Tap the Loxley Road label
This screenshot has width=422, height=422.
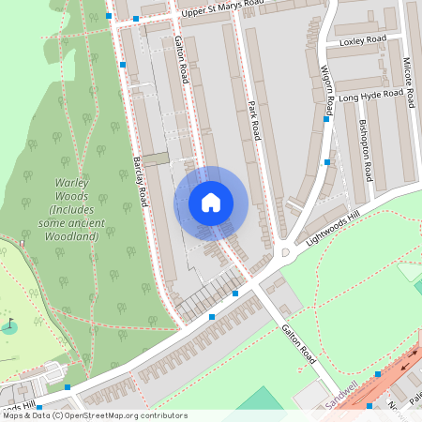(x=363, y=41)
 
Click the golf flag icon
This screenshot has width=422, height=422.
(x=10, y=324)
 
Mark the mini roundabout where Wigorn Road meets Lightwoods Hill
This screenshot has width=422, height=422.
(x=285, y=251)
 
